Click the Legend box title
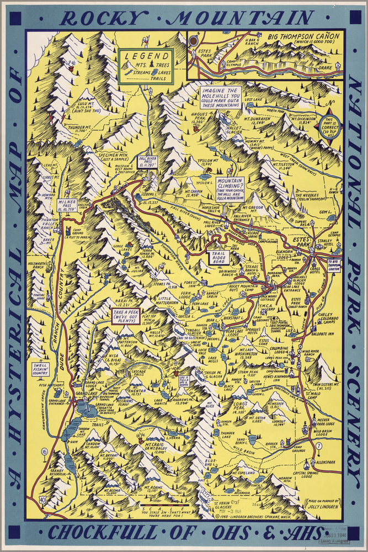[x=146, y=56]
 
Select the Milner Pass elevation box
[x=67, y=205]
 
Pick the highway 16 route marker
[x=44, y=452]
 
